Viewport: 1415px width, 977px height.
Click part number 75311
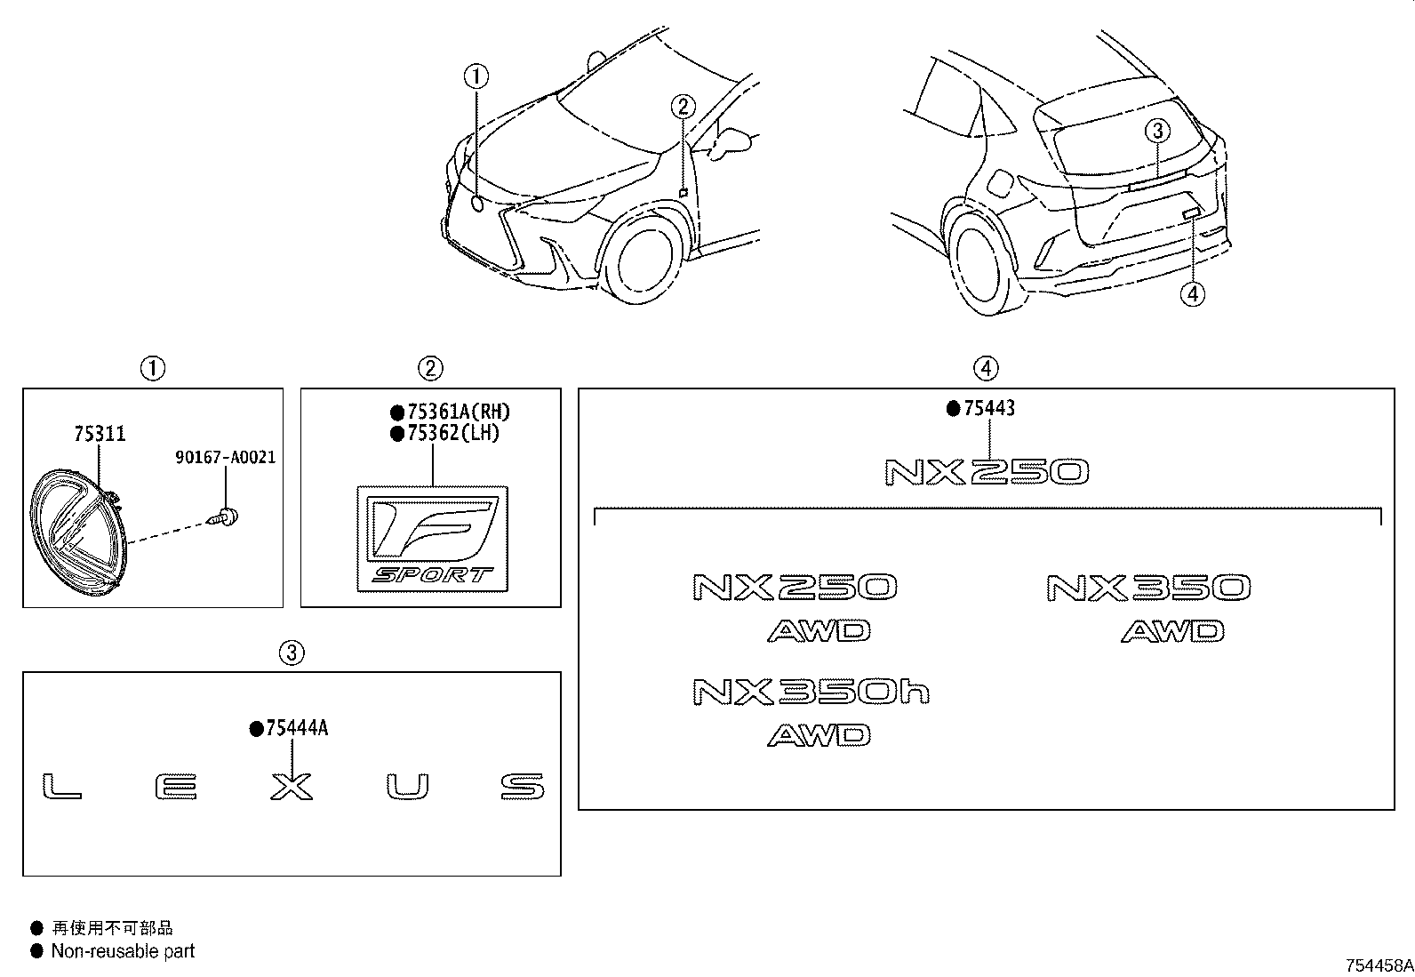100,434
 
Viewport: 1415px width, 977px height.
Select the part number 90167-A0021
226,457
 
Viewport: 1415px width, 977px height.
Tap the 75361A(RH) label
458,412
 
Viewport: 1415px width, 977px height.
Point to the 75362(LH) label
453,433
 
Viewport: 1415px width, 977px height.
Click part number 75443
989,408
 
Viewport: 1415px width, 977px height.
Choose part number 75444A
297,729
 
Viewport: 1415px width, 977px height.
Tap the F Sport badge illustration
433,539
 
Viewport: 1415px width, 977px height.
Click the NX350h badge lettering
811,692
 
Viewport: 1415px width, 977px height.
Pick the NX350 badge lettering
1148,588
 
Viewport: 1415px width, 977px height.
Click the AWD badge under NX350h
819,735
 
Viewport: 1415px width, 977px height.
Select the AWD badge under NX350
1172,631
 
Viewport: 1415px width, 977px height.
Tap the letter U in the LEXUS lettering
407,787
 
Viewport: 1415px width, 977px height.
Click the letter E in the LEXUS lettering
176,788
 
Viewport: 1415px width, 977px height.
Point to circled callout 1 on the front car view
476,76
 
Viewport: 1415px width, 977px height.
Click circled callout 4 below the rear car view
1193,294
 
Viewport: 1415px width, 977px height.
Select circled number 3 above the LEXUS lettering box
292,653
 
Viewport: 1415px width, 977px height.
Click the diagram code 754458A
1379,965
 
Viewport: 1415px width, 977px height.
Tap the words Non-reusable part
123,951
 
